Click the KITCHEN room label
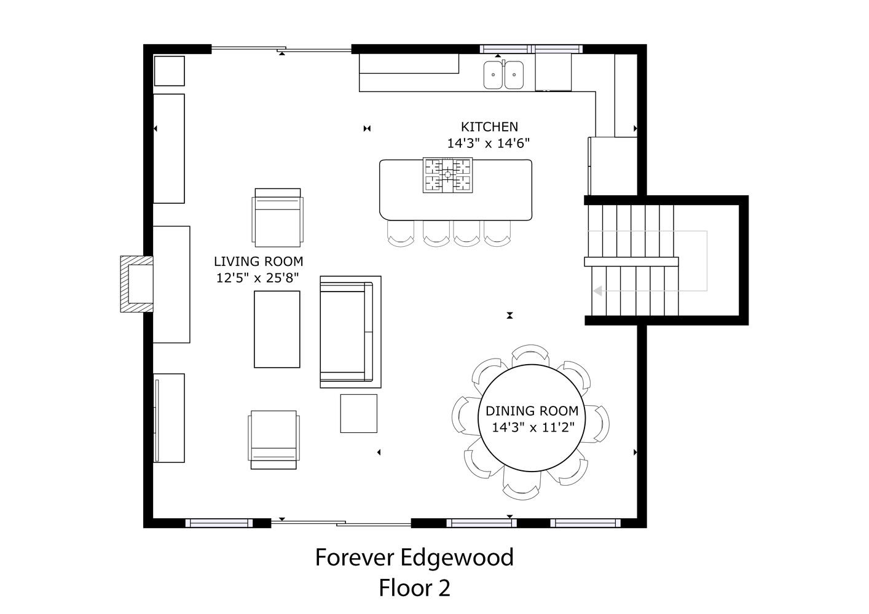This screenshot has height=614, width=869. click(x=489, y=126)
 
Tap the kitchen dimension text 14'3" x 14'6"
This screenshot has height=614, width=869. click(x=489, y=144)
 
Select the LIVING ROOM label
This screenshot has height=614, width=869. click(x=258, y=262)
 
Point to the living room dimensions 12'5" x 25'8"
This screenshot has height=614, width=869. click(x=258, y=278)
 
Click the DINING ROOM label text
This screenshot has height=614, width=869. click(x=532, y=411)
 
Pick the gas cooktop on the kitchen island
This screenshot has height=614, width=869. click(x=447, y=175)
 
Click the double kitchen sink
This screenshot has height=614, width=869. click(x=503, y=75)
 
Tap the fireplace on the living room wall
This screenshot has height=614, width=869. click(x=136, y=284)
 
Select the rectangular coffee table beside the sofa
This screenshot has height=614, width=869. click(x=277, y=329)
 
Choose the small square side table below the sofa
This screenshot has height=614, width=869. click(x=359, y=413)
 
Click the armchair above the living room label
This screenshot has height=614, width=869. click(x=277, y=217)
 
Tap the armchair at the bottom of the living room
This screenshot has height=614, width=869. click(x=274, y=440)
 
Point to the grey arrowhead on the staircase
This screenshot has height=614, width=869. click(x=598, y=290)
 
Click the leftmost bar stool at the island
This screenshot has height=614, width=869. click(x=401, y=233)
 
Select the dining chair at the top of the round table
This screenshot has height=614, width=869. click(x=530, y=355)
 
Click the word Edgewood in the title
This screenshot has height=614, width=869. click(x=457, y=558)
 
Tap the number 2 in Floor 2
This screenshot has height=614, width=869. click(x=444, y=588)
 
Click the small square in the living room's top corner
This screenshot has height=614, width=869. click(x=169, y=71)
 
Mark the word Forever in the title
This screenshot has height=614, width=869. click(x=355, y=558)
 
